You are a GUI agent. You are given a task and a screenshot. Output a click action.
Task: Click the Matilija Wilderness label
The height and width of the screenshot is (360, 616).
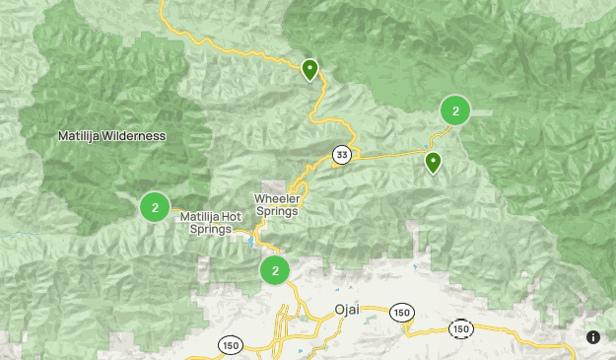111,136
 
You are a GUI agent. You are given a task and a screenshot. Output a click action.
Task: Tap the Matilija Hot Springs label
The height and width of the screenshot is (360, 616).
210,223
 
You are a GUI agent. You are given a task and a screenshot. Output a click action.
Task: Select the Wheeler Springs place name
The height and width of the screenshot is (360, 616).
277,204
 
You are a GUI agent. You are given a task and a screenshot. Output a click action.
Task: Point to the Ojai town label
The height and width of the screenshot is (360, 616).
347,310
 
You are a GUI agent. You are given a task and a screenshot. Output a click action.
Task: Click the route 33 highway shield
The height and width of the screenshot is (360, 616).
341,155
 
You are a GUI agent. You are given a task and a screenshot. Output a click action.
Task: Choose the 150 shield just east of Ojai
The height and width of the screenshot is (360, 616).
400,311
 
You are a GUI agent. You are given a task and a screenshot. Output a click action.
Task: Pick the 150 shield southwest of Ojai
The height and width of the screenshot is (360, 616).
230,345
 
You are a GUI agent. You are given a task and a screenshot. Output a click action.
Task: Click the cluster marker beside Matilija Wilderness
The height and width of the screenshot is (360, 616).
155,207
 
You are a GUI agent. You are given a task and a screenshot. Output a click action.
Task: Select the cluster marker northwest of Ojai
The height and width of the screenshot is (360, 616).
275,270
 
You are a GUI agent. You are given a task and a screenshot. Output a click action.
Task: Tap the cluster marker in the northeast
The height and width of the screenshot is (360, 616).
455,111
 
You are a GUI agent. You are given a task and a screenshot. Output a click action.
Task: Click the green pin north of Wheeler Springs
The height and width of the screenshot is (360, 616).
309,69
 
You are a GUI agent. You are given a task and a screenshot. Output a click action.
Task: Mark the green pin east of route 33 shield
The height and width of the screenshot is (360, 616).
433,163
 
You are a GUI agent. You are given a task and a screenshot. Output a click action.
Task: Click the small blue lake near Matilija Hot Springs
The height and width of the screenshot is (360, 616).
252,241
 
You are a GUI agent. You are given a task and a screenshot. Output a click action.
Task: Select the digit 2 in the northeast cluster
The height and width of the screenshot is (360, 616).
455,111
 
